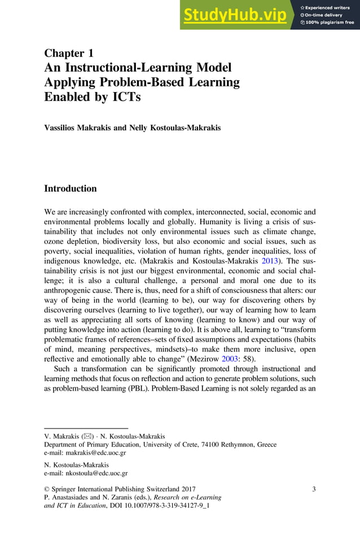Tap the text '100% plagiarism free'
(x=330, y=23)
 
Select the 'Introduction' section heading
(x=71, y=189)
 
